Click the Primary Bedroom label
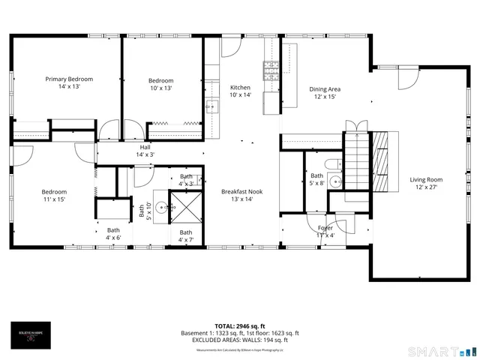pos(69,82)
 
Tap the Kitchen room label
pos(240,91)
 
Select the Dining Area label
pos(325,93)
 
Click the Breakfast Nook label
pos(241,195)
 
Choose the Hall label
pos(145,151)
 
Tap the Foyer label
pos(325,231)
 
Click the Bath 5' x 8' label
pos(316,179)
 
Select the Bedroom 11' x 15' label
pos(54,196)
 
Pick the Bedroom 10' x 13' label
pos(160,84)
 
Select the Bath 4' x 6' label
pos(113,234)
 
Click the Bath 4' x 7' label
pos(185,235)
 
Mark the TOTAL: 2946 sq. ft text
pos(240,326)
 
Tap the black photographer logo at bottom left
pos(31,334)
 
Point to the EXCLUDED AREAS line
pos(240,340)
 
